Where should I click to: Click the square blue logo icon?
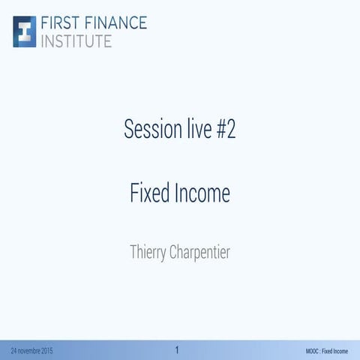click(25, 31)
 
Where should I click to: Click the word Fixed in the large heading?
click(149, 193)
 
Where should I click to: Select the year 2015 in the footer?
click(46, 351)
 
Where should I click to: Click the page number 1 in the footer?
click(177, 349)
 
